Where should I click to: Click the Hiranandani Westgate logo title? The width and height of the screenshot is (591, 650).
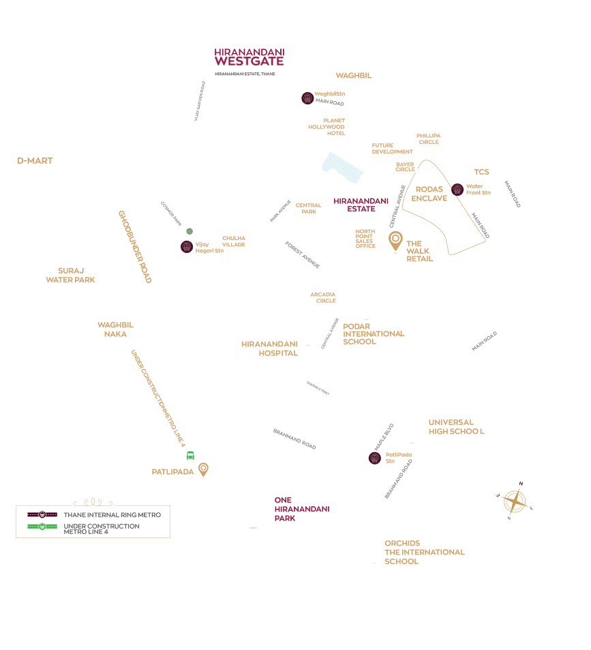(x=249, y=57)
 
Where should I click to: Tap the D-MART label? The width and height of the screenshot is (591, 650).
(x=35, y=161)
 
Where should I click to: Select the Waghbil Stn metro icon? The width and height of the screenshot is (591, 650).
(x=307, y=98)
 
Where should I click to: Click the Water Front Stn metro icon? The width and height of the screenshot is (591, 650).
(x=457, y=190)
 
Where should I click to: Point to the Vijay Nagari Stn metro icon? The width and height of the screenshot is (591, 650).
(x=187, y=246)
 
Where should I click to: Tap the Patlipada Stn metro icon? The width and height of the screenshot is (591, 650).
(x=374, y=458)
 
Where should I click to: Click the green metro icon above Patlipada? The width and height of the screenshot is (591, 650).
(x=190, y=455)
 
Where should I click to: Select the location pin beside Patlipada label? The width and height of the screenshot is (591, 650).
(x=203, y=469)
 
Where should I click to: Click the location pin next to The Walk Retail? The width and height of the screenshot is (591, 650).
(x=395, y=241)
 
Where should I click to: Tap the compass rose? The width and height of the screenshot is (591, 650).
(x=515, y=502)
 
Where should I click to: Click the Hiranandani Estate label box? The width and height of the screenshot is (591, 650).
(x=360, y=205)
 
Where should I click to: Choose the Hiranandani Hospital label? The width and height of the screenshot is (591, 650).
(x=269, y=349)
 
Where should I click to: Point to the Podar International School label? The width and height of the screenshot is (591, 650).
(x=374, y=334)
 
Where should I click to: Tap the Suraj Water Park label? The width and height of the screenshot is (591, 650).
(x=70, y=276)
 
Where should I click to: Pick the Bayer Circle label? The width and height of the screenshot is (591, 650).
(x=405, y=166)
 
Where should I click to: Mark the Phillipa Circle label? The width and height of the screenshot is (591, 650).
(x=429, y=138)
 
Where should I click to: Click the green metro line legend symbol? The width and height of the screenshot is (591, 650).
(x=42, y=527)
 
